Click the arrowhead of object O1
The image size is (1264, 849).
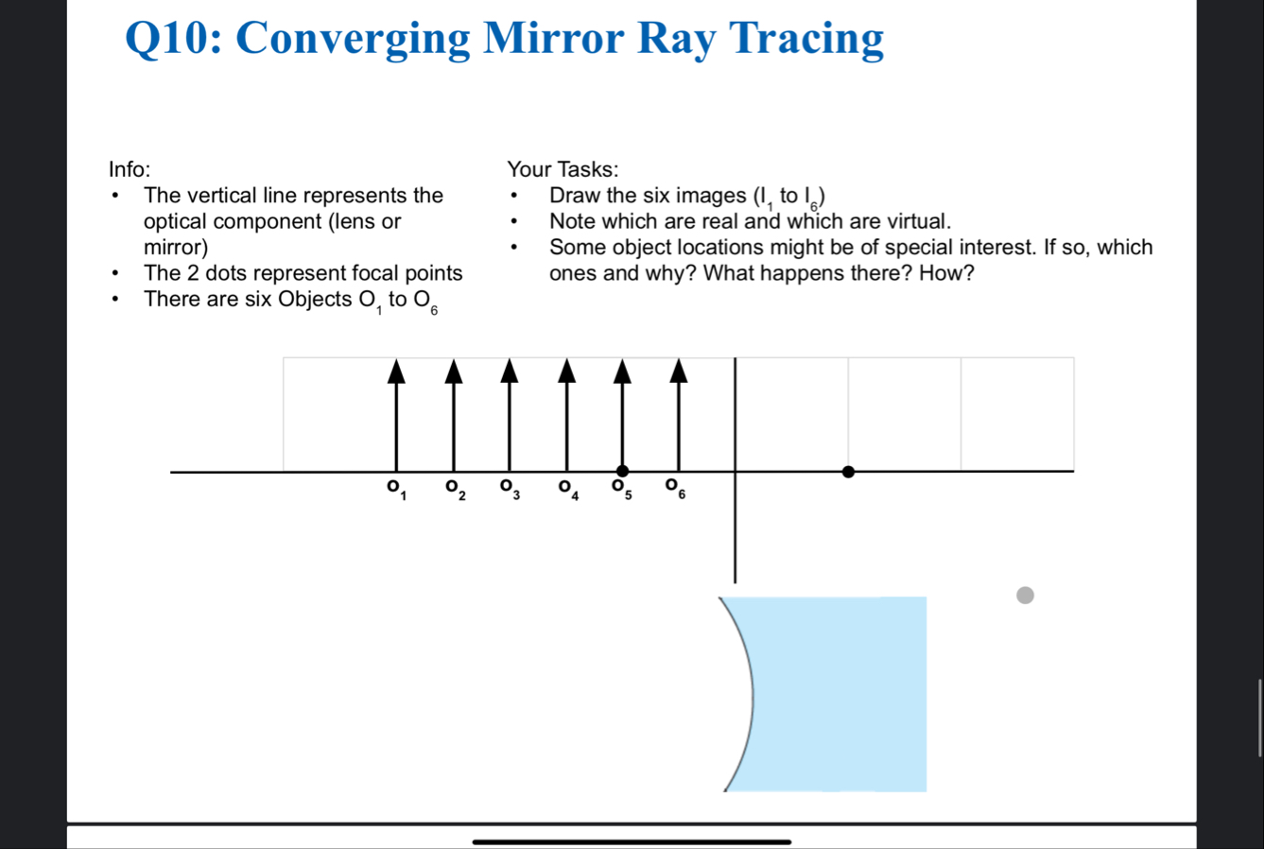coord(396,372)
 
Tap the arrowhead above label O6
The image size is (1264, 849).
coord(679,372)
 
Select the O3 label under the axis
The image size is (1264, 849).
coord(511,490)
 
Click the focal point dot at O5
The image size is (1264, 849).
coord(622,471)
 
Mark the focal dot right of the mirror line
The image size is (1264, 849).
coord(848,472)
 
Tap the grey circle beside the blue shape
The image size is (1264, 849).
coord(1026,595)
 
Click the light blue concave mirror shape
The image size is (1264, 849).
coord(835,694)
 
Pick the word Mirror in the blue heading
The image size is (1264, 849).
coord(554,39)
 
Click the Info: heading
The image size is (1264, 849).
coord(130,169)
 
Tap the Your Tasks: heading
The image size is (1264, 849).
coord(563,169)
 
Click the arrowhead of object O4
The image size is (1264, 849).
coord(567,372)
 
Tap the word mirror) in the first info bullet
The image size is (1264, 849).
coord(176,248)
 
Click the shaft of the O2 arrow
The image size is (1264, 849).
coord(453,427)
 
